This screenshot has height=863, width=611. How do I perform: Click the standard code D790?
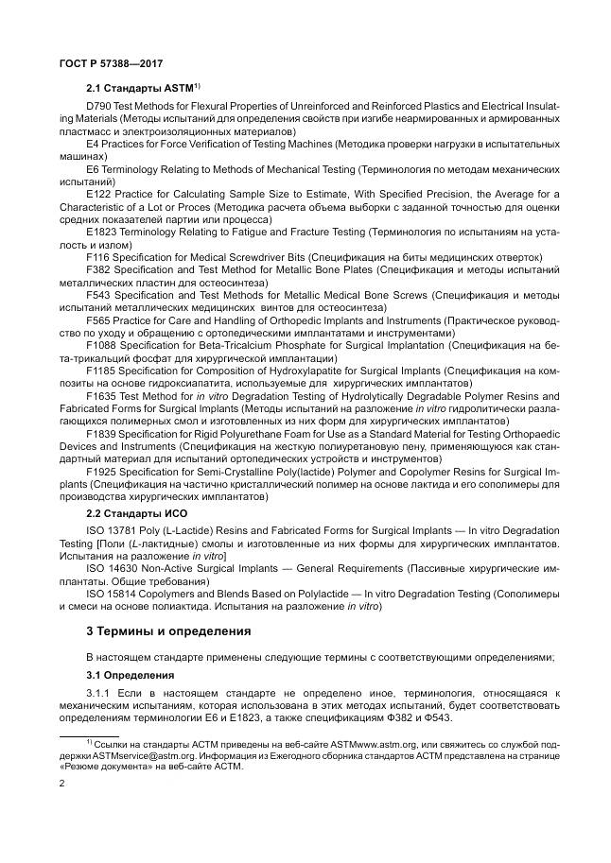point(98,106)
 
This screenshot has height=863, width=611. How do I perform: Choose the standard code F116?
point(98,256)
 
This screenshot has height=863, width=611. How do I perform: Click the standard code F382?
point(98,269)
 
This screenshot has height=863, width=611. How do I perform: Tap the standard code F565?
point(98,321)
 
